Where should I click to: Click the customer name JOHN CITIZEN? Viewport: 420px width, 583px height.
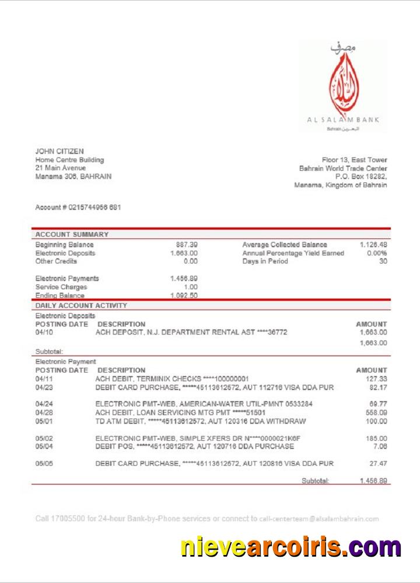60,152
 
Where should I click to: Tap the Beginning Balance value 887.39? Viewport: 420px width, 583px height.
187,245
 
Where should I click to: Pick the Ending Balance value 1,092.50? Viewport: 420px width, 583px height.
184,296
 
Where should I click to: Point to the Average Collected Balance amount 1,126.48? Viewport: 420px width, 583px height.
373,245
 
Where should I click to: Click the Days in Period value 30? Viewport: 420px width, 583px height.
383,262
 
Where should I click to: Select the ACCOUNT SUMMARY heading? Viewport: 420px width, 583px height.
72,234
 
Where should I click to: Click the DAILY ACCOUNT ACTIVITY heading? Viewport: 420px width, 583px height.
81,305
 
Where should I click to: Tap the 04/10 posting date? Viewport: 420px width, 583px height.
44,332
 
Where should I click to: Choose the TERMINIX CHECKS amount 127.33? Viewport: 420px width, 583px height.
377,379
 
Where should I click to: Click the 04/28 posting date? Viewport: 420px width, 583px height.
44,412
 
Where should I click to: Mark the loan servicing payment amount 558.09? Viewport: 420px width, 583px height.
377,412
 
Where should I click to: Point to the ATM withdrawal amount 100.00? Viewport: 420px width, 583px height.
377,421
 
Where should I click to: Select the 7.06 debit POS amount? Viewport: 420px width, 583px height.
381,447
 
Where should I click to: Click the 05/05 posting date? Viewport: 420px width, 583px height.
44,463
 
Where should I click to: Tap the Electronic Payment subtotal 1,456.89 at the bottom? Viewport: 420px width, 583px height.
373,481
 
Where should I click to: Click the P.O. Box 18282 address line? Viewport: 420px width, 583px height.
361,177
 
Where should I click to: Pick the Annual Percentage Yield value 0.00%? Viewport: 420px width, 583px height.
376,254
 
